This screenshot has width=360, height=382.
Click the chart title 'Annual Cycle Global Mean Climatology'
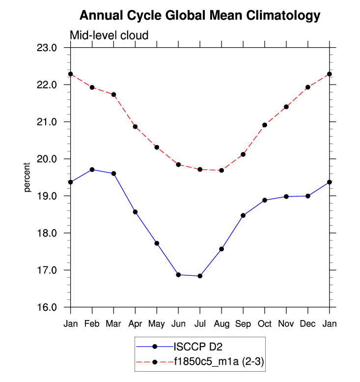[199, 16]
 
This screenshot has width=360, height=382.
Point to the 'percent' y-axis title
[28, 177]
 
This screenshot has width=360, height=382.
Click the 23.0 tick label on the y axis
[51, 48]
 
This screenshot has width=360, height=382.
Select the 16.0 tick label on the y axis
[51, 307]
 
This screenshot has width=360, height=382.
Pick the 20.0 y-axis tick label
[51, 159]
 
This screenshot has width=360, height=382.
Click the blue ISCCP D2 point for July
[200, 276]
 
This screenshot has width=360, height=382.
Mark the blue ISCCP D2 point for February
[92, 170]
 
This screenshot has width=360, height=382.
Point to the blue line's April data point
[135, 212]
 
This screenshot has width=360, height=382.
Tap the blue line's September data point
[243, 215]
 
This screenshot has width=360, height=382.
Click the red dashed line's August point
[222, 170]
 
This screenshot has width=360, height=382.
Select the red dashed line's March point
[113, 94]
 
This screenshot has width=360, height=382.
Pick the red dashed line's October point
[265, 125]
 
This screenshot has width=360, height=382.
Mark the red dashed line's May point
[157, 147]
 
